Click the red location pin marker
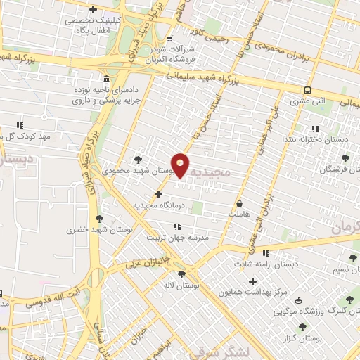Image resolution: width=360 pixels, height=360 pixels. pos(181,165)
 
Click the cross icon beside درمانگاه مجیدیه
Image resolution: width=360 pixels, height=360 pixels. pos(158,194)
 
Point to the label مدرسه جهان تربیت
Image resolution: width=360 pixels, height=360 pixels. pos(177,238)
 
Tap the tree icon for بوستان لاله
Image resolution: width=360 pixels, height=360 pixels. pos(182,274)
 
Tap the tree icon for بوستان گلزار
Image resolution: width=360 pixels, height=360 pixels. pos(303,327)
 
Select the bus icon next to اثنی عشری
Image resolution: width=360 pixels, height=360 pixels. pos(307,90)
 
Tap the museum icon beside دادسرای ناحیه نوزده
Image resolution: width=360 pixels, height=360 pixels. pos(105,78)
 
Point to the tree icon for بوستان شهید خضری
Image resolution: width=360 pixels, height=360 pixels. pos(99,219)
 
